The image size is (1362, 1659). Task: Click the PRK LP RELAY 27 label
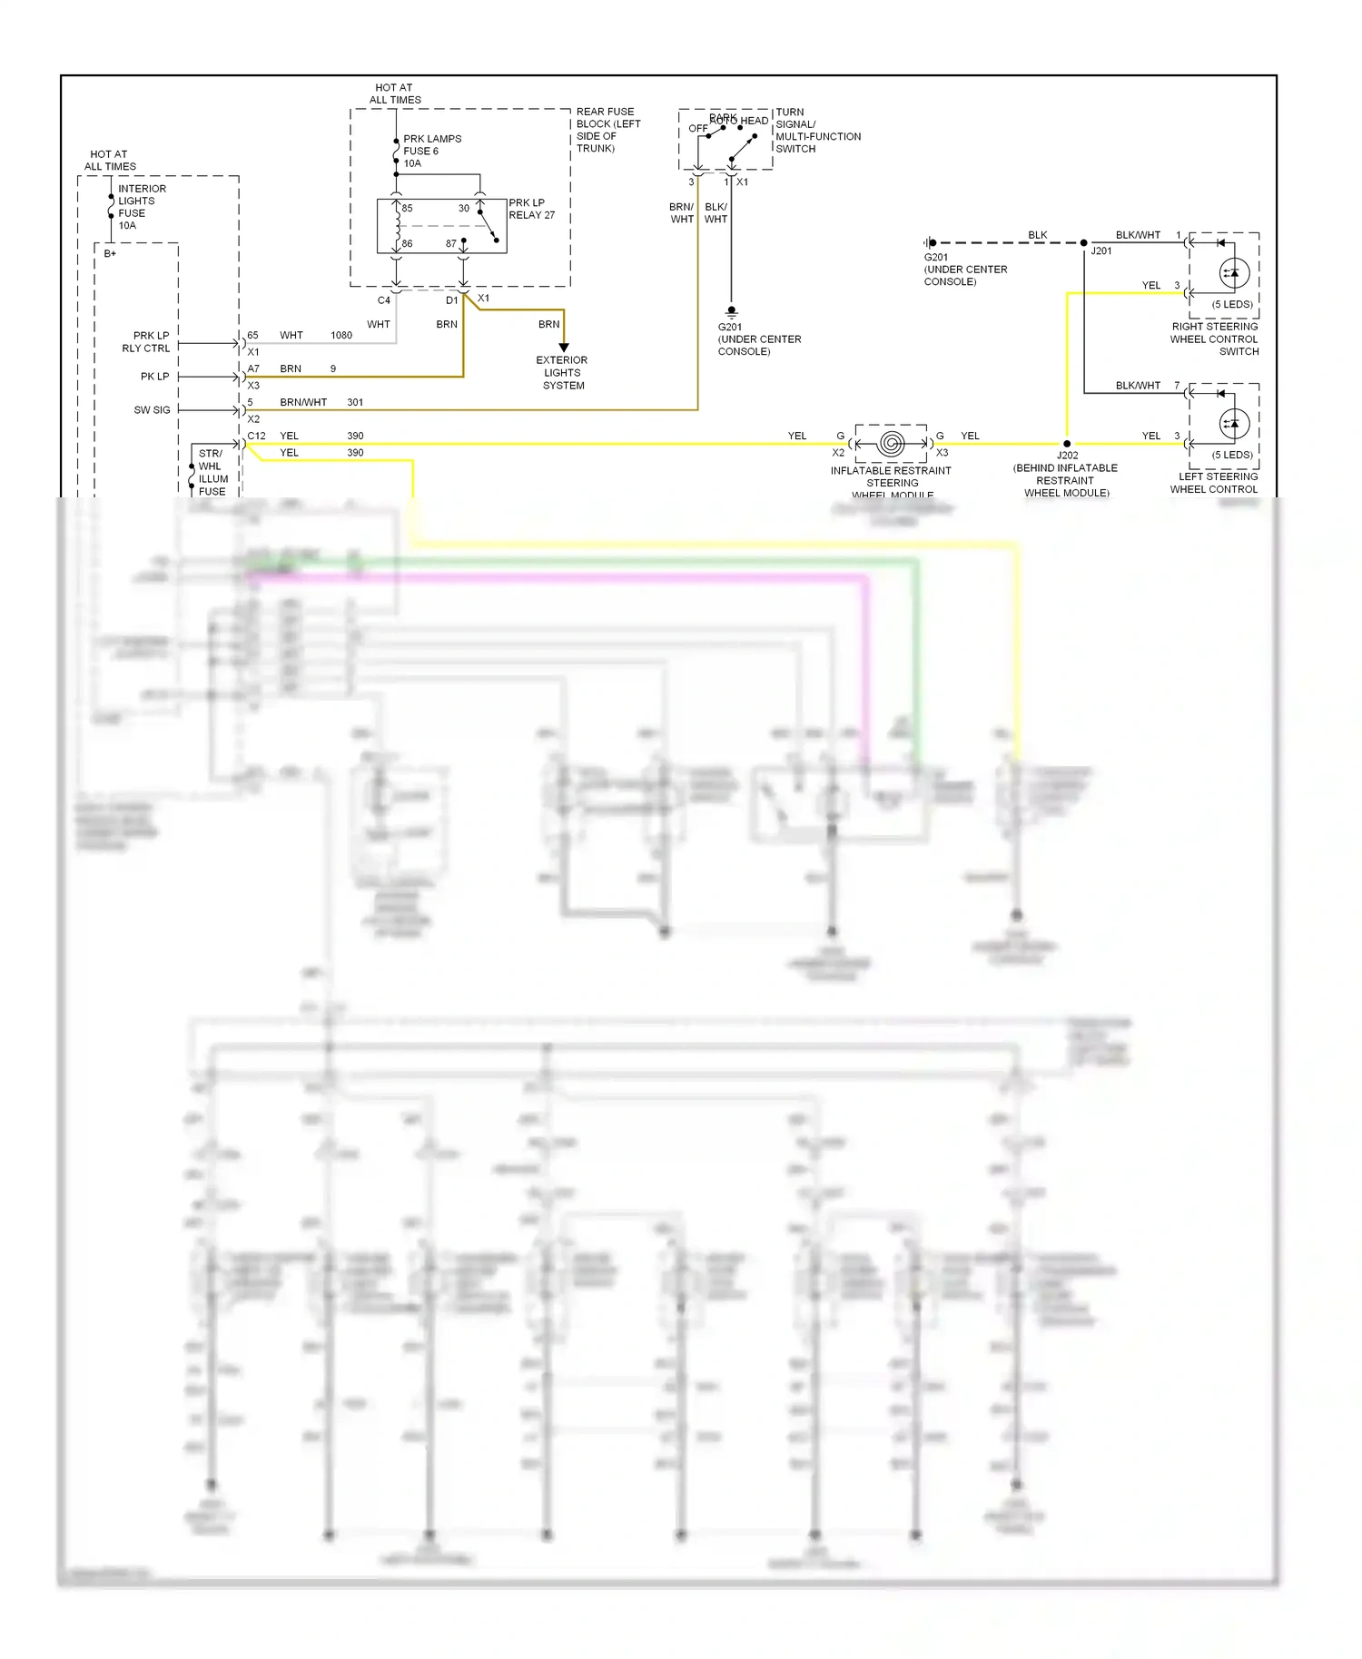click(x=531, y=209)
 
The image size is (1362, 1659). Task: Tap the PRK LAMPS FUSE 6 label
click(x=432, y=151)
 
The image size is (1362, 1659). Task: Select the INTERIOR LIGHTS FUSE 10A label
click(x=142, y=207)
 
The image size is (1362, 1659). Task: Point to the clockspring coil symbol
click(x=892, y=444)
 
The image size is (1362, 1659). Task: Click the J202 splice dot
click(x=1067, y=444)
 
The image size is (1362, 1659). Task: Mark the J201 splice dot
click(x=1084, y=243)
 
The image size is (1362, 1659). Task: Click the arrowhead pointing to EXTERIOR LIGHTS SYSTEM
click(x=564, y=348)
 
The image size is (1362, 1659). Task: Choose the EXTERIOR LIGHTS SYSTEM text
click(x=562, y=373)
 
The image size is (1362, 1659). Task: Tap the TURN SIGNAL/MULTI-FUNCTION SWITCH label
click(x=817, y=131)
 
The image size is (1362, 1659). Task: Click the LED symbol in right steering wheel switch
click(x=1233, y=272)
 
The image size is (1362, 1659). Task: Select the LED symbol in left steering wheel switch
click(x=1233, y=423)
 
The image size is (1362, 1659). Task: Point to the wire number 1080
click(x=341, y=336)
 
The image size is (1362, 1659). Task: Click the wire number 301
click(x=355, y=402)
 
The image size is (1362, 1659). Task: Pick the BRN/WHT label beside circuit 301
click(x=303, y=402)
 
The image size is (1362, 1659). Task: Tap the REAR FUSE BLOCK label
click(x=608, y=130)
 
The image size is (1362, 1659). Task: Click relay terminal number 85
click(x=408, y=209)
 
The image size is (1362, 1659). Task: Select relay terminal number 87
click(x=451, y=244)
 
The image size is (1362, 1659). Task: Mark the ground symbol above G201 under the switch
click(x=732, y=311)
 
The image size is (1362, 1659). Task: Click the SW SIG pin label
click(x=152, y=410)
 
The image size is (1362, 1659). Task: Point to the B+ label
click(x=110, y=254)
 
